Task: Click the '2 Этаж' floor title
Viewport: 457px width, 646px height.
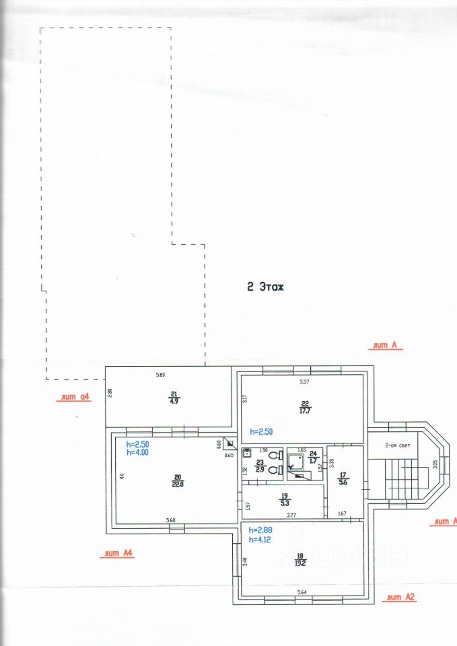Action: tap(265, 287)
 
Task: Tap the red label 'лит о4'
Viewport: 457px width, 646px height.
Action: tap(75, 397)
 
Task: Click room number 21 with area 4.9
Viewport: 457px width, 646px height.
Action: tap(174, 397)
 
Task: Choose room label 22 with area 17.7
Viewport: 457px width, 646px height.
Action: tap(305, 407)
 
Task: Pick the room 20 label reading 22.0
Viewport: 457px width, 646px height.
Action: tap(178, 480)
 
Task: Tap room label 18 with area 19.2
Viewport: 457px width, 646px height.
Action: tap(299, 560)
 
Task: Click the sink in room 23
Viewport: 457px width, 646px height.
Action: tap(247, 453)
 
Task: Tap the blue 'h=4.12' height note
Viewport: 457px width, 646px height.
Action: tap(259, 540)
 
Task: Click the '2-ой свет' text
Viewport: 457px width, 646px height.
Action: tap(397, 445)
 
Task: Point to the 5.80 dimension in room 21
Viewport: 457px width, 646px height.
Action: tap(160, 374)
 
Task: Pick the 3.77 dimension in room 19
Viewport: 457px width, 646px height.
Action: tap(291, 515)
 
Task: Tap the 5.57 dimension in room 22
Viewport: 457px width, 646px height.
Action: tap(304, 382)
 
